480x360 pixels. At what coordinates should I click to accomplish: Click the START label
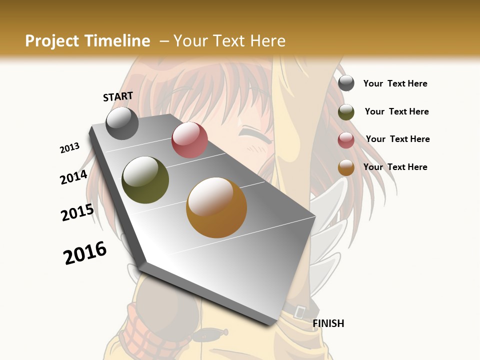tap(118, 96)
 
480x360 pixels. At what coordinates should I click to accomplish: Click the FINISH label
tap(328, 323)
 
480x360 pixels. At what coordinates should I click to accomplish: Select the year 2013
tap(70, 148)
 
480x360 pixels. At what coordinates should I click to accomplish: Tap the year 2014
tap(74, 177)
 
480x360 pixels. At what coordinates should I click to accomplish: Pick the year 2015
tap(77, 212)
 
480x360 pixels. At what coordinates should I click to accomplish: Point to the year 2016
tap(85, 253)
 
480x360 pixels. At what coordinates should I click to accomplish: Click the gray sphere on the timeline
tap(122, 123)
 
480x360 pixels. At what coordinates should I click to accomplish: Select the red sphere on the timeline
tap(189, 140)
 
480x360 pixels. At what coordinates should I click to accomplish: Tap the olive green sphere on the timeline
tap(145, 180)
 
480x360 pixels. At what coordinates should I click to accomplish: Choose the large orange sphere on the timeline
tap(216, 207)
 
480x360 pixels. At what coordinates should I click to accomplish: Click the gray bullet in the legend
tap(346, 83)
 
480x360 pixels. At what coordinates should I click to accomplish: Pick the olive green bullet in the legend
tap(346, 112)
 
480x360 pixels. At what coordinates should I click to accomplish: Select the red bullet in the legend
tap(346, 140)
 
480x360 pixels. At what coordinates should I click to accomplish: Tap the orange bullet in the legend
tap(346, 168)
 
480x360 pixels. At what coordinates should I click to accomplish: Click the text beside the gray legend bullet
tap(395, 83)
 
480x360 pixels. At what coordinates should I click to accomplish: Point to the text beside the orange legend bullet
tap(395, 167)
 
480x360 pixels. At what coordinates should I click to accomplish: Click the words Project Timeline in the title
tap(87, 41)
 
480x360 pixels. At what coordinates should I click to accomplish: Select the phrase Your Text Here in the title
tap(229, 41)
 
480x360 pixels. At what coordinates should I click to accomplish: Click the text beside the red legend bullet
tap(397, 139)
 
